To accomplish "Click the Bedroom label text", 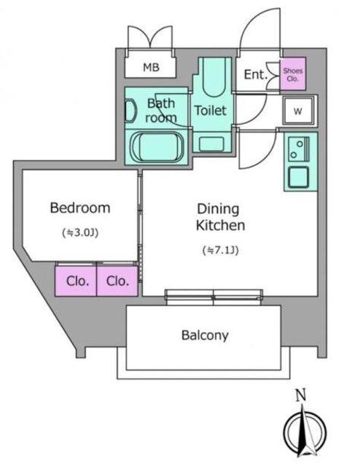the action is [x=80, y=208].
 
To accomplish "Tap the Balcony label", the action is [x=205, y=335].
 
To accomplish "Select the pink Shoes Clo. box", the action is [x=293, y=74].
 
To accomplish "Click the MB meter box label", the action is [x=151, y=68].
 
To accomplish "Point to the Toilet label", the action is [x=211, y=111].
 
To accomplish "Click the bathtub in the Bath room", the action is [x=157, y=147].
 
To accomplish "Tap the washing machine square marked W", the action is [x=298, y=111].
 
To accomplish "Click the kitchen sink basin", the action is [x=299, y=177].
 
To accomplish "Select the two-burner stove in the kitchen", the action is [x=299, y=149].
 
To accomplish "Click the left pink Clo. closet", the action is [x=76, y=281].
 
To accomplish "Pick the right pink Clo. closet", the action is [x=117, y=281].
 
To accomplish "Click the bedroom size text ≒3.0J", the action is [x=80, y=233].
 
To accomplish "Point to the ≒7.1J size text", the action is [x=221, y=250].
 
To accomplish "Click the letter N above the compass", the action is [x=301, y=395].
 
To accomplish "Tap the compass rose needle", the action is [x=303, y=430].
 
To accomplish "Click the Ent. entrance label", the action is [x=256, y=74].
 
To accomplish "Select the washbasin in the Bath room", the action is [x=130, y=111].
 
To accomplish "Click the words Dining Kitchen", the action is [x=220, y=217].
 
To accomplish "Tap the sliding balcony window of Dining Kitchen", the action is [x=214, y=297].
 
